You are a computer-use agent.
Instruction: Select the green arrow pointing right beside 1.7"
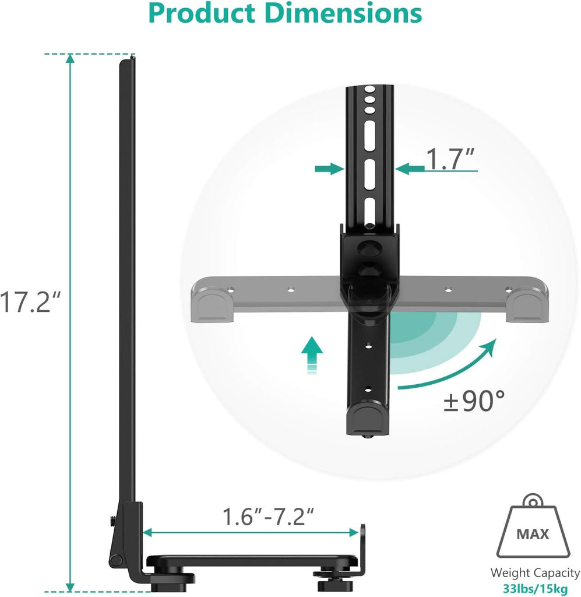tap(328, 169)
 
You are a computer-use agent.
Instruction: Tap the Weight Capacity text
tap(534, 573)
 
